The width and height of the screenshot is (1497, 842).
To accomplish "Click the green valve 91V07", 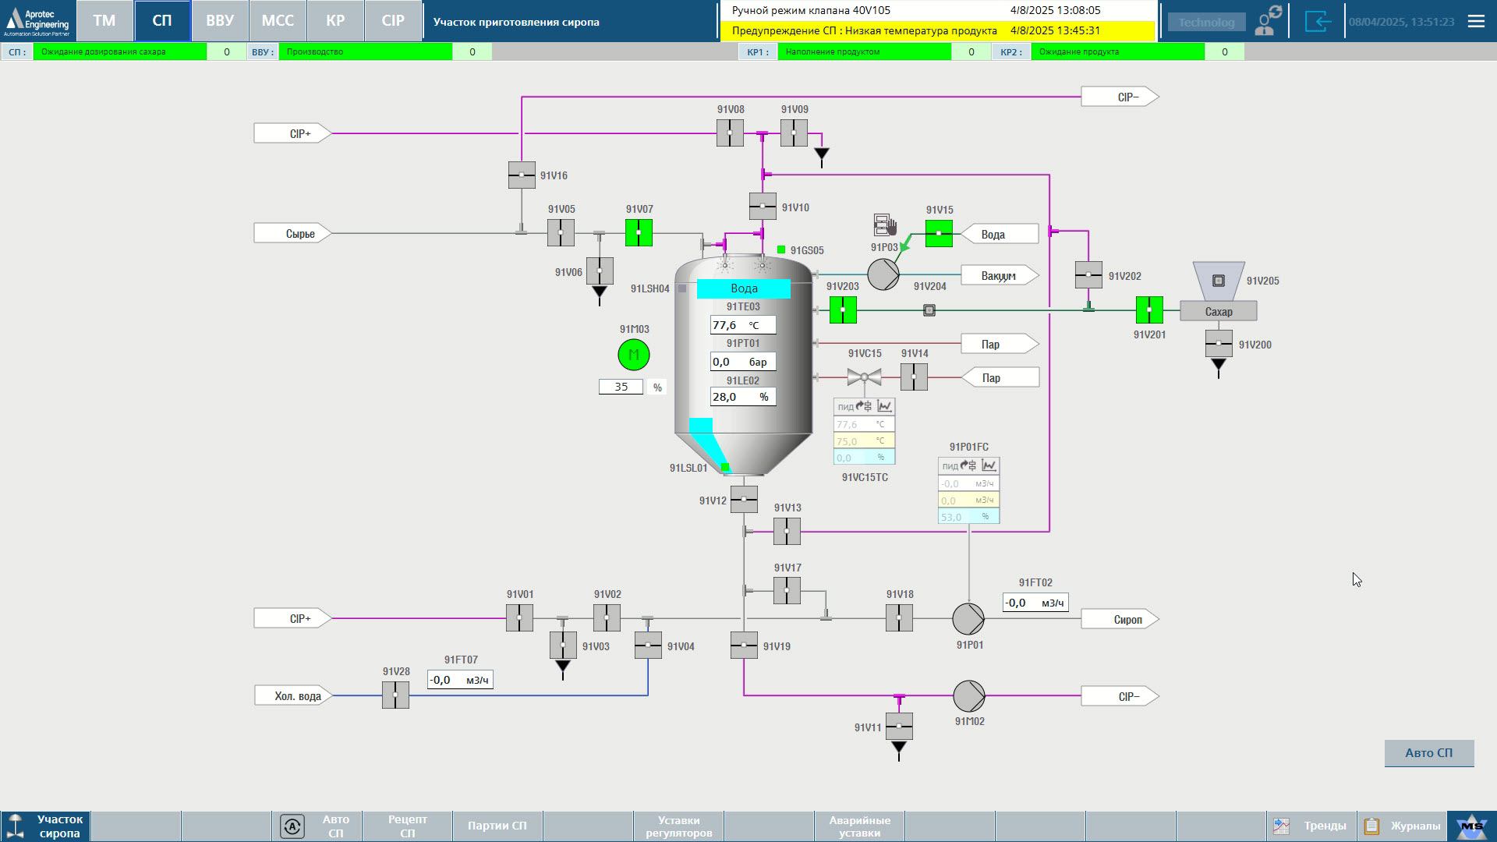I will [x=639, y=232].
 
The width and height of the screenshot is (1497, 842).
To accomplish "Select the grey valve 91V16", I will [x=522, y=175].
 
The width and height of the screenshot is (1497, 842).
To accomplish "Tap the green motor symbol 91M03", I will [x=633, y=355].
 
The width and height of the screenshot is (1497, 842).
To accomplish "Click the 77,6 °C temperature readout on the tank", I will [x=742, y=325].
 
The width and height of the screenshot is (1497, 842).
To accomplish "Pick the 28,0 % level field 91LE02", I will [x=742, y=397].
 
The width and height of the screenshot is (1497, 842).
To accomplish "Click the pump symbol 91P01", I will [x=968, y=619].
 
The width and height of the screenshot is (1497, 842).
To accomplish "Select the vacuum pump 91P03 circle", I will [x=883, y=274].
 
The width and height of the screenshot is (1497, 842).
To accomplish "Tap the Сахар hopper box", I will [x=1218, y=311].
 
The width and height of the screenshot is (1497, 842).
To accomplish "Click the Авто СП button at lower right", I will [x=1428, y=753].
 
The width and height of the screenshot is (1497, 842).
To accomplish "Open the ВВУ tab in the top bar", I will [x=220, y=21].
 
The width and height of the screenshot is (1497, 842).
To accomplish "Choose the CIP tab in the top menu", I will [x=393, y=21].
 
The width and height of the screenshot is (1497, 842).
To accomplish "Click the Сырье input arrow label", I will [x=293, y=233].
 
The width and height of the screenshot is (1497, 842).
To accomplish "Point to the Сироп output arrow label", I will [x=1120, y=619].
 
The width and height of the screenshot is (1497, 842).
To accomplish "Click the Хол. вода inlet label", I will [x=293, y=695].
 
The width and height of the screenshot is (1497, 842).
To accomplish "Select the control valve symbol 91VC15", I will [x=864, y=377].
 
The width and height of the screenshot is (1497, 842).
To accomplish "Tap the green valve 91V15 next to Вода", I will [x=939, y=233].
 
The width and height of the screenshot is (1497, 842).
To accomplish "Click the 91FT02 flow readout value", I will [x=1035, y=603].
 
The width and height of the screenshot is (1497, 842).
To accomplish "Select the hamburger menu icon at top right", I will [x=1476, y=21].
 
